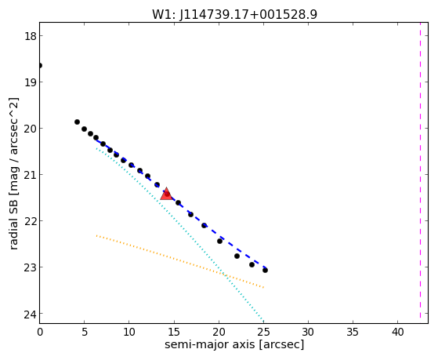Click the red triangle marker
(x=166, y=194)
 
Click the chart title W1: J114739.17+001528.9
(x=234, y=15)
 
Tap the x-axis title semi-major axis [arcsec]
(x=234, y=344)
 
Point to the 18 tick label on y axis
(x=30, y=36)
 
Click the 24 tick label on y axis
(x=30, y=315)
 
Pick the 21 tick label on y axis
(x=30, y=175)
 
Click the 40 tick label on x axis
(x=397, y=333)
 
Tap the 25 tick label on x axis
(x=263, y=333)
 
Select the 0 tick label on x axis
(x=40, y=333)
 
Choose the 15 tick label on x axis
(x=174, y=333)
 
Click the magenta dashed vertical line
(x=420, y=173)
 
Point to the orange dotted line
(x=180, y=261)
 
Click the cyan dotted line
(x=179, y=235)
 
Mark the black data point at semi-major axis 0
(x=40, y=65)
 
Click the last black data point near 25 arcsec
(x=265, y=271)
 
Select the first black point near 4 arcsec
(x=77, y=122)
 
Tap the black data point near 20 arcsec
(x=220, y=241)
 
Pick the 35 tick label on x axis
(x=353, y=333)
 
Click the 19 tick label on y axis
(x=30, y=82)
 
